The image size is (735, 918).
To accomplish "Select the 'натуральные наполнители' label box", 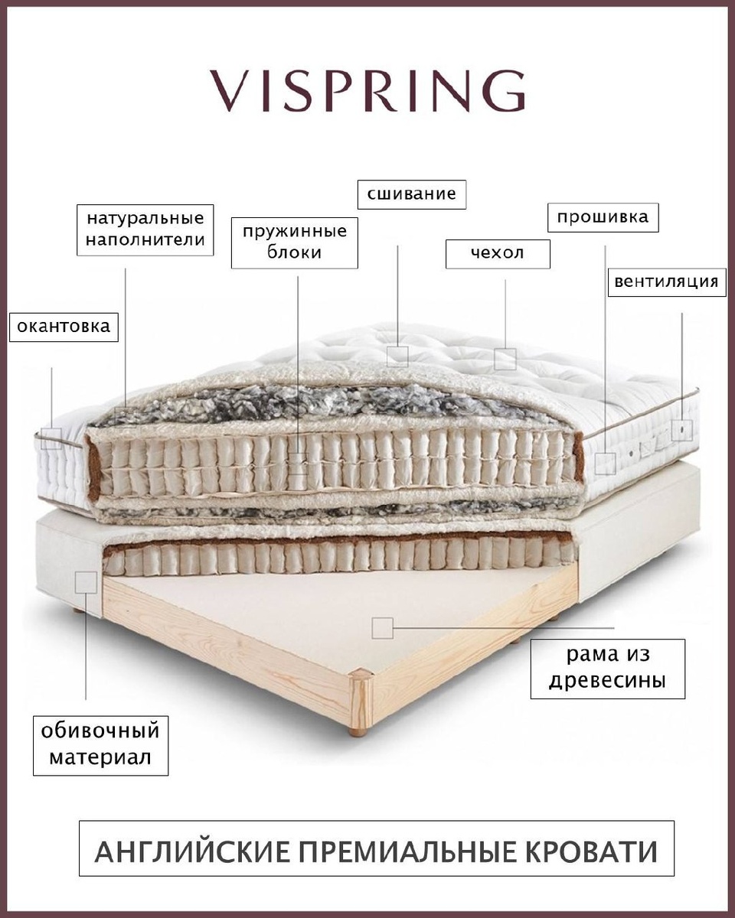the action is (145, 229).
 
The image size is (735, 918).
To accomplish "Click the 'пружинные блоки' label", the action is (295, 242).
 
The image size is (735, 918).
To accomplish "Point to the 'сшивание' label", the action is (412, 194).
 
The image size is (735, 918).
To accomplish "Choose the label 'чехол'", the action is (498, 253).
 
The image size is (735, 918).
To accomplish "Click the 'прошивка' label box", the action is (603, 216).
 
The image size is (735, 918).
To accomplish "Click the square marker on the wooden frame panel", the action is (382, 628).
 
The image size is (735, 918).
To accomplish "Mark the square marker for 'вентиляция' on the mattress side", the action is (681, 430).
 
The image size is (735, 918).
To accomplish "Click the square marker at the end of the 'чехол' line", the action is (505, 359).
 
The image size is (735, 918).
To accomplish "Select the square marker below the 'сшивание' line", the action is (397, 356).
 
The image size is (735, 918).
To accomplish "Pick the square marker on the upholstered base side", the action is (86, 582).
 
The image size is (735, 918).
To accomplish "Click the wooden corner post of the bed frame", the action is (360, 700).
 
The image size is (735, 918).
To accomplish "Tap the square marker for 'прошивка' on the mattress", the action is (606, 463).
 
